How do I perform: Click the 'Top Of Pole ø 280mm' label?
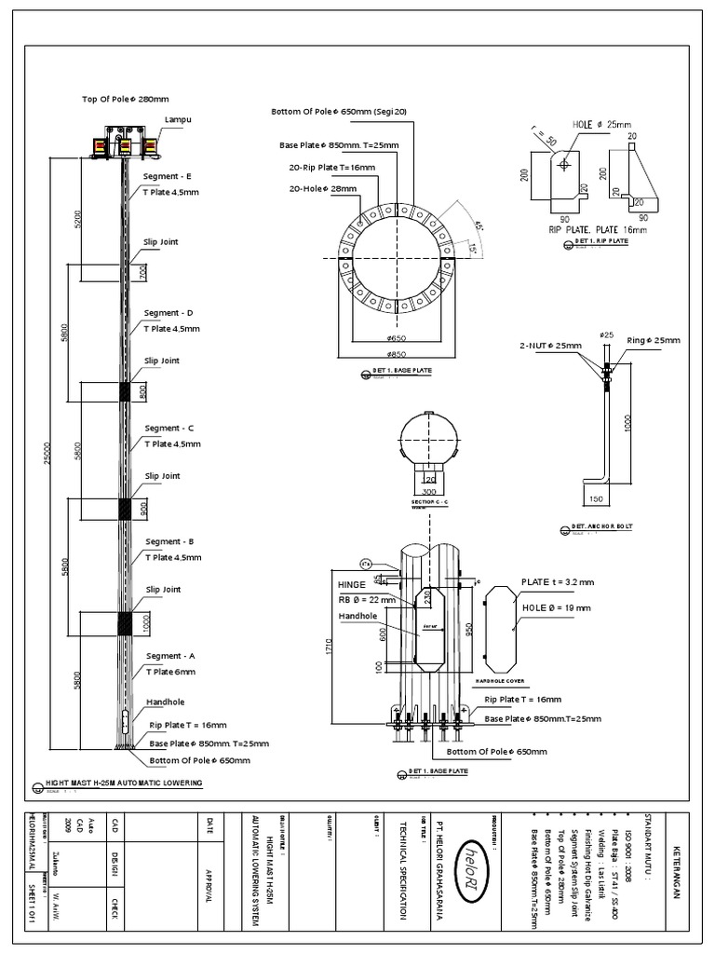[126, 99]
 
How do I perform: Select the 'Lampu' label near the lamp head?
[177, 120]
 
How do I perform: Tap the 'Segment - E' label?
[169, 176]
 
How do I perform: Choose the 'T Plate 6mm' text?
[171, 671]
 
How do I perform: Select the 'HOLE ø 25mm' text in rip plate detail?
[602, 125]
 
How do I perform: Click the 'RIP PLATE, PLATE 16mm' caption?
[597, 228]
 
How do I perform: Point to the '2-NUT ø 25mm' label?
[550, 346]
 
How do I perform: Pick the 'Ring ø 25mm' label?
[649, 340]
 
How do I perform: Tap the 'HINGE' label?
[355, 585]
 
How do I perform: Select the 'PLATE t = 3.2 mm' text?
[557, 581]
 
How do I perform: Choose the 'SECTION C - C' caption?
[429, 501]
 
